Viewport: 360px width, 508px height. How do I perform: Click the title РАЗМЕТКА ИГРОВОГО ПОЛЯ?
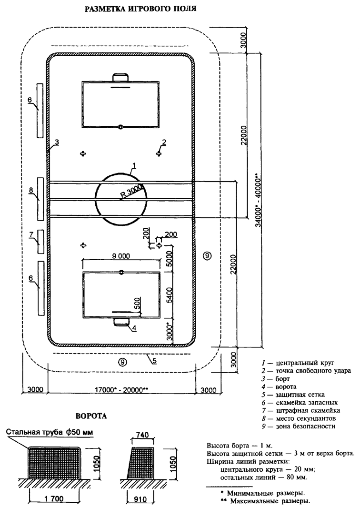point(140,9)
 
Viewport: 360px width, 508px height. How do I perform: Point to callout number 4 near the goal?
point(134,328)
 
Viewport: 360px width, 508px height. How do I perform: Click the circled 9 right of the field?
point(207,256)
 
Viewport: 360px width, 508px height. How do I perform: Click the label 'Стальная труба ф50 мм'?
point(50,432)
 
